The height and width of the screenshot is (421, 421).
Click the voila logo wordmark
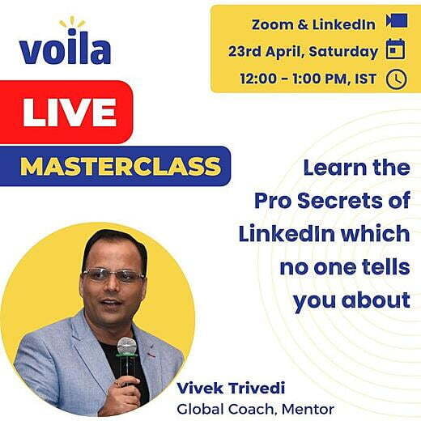click(66, 47)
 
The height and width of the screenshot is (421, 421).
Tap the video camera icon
click(397, 20)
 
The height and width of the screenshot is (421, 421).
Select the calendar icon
click(396, 49)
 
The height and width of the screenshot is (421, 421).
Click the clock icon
click(396, 79)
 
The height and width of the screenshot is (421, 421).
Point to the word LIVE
click(70, 113)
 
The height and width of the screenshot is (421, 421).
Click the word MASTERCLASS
click(121, 166)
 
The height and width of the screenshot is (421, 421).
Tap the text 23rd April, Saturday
click(303, 51)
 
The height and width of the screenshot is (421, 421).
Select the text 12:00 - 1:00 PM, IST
click(308, 79)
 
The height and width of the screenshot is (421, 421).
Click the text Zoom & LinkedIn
click(313, 24)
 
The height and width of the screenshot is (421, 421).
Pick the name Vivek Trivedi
click(231, 389)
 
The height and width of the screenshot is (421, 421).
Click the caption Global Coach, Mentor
click(255, 409)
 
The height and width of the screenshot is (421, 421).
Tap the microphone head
click(126, 346)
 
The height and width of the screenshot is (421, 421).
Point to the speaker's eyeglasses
click(114, 275)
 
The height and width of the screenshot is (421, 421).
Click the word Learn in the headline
click(334, 168)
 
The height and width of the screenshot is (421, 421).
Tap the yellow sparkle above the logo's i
click(72, 22)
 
